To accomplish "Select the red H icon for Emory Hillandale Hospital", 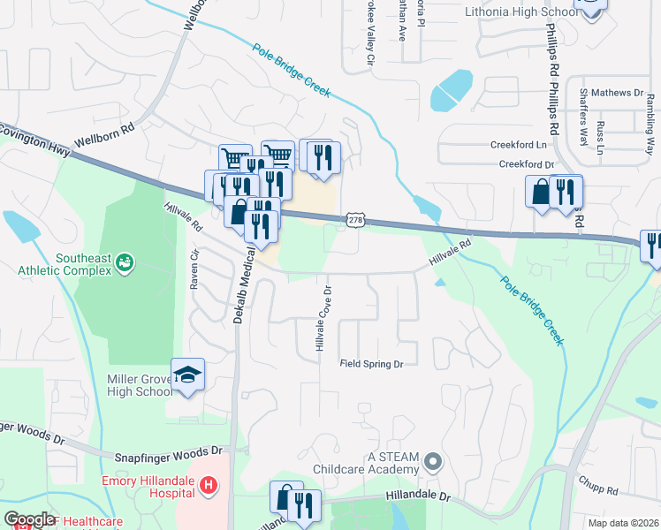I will coord(209,484).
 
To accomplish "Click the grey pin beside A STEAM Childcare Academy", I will coord(432,462).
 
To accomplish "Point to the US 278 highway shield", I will coord(354,219).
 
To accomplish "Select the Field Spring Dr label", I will coord(371,364).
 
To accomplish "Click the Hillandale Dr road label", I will coord(418,498).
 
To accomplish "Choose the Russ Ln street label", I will coord(601,134).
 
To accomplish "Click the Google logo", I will coord(29,519).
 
